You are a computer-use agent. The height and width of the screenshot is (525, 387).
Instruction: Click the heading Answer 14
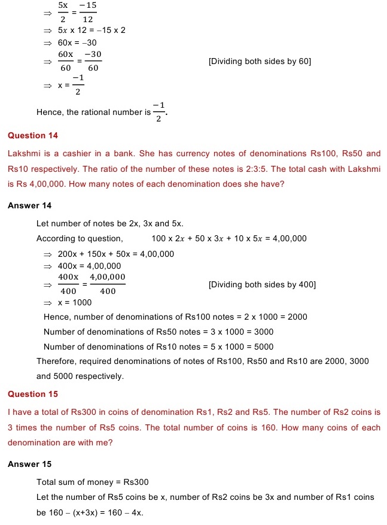[30, 205]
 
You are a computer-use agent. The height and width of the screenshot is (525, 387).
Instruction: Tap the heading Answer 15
[30, 464]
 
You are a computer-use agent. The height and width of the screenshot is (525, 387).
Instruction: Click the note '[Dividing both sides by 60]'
[260, 61]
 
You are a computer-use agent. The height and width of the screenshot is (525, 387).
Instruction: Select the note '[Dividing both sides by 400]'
[262, 284]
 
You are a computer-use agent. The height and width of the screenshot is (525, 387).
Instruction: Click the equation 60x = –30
[77, 43]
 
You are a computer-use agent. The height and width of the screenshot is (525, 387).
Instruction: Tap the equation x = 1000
[75, 303]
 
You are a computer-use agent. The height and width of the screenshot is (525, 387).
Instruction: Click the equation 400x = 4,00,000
[89, 266]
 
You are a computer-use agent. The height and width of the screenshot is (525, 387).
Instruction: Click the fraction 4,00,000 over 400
[108, 284]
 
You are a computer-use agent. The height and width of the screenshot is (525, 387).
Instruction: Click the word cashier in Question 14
[79, 153]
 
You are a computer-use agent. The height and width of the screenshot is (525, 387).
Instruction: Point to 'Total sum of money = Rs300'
[93, 482]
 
